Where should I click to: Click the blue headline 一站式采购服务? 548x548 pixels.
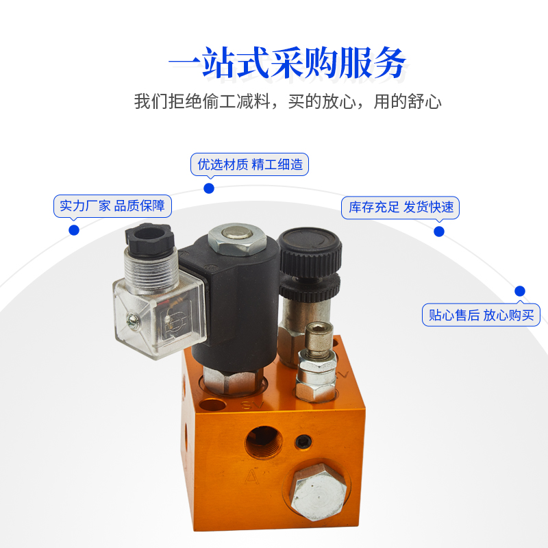click(287, 63)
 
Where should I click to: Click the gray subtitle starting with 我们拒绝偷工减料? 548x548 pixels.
click(288, 101)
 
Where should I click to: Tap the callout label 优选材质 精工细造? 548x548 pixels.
click(249, 164)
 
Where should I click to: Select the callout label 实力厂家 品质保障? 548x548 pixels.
click(112, 206)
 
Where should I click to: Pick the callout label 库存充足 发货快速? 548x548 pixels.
click(400, 208)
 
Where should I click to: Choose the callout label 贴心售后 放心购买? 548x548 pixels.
click(481, 315)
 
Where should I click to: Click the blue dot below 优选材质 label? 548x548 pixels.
click(209, 188)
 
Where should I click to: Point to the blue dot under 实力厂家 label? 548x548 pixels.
click(74, 230)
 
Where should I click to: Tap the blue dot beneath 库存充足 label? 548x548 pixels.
click(439, 232)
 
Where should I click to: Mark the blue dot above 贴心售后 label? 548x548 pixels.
click(520, 290)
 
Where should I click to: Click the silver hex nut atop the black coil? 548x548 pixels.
click(237, 239)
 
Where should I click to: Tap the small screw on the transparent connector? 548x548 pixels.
click(132, 320)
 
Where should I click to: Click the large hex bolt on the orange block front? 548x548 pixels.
click(318, 491)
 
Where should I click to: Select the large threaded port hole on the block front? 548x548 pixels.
click(264, 442)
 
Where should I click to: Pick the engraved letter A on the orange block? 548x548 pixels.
click(251, 477)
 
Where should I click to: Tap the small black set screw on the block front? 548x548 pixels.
click(303, 442)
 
